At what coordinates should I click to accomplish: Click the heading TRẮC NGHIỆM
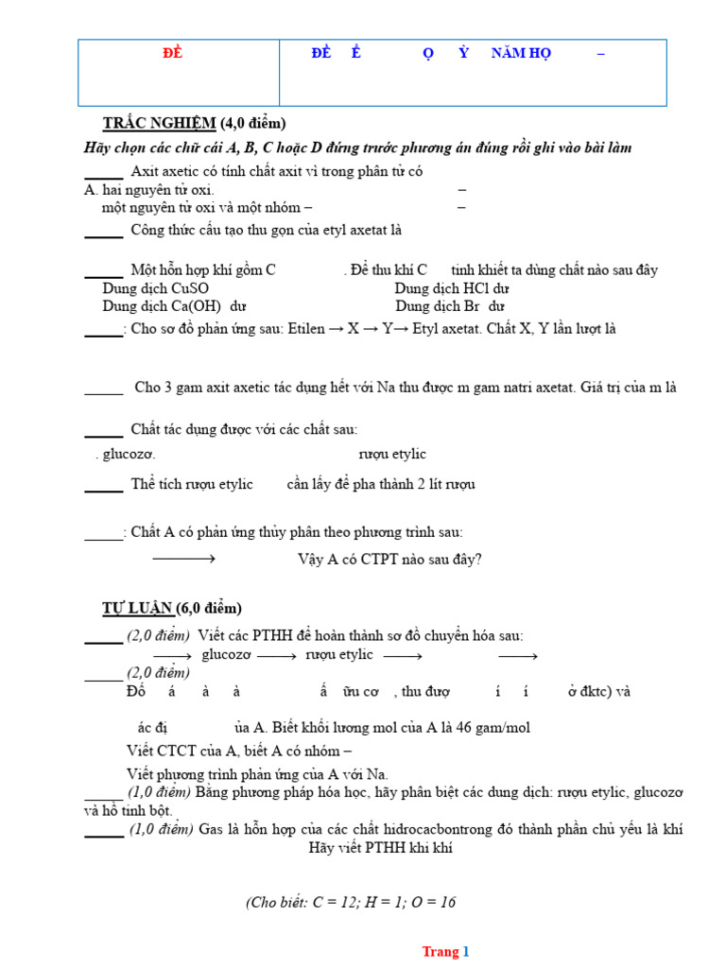click(160, 124)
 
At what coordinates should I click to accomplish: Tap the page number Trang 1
click(445, 952)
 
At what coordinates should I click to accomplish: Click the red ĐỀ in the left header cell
click(172, 54)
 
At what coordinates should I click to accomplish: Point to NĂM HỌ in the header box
click(521, 54)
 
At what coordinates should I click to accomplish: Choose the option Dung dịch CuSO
click(156, 288)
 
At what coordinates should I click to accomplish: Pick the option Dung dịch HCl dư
click(452, 288)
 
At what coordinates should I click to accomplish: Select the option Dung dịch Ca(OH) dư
click(175, 306)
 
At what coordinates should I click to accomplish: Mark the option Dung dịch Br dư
click(450, 306)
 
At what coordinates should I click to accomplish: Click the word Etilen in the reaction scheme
click(305, 329)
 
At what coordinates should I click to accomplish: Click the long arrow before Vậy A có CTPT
click(184, 559)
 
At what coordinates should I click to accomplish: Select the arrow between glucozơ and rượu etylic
click(277, 656)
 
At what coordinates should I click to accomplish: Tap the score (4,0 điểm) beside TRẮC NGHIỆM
click(253, 124)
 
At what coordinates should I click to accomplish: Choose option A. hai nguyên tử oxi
click(149, 190)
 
